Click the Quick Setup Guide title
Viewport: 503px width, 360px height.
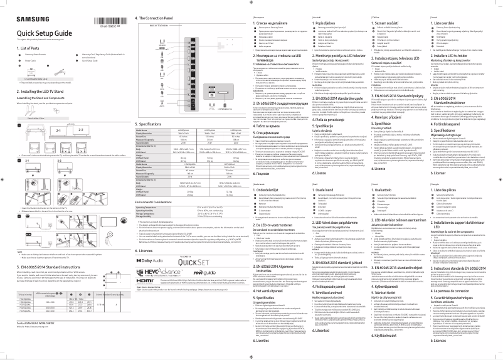coord(40,33)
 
